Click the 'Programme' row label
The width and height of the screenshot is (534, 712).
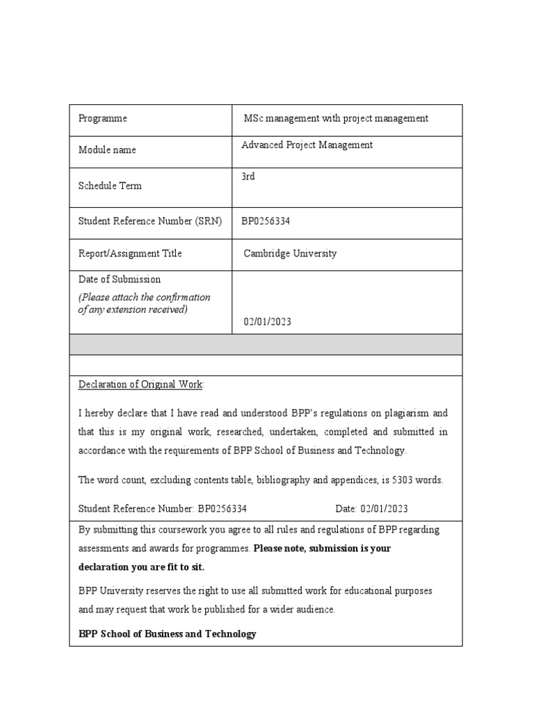(x=103, y=119)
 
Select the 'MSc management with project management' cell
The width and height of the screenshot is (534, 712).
(x=336, y=119)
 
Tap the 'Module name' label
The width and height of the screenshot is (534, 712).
(x=107, y=150)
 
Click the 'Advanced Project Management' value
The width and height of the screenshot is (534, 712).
(x=307, y=145)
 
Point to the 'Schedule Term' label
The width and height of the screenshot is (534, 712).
(x=110, y=186)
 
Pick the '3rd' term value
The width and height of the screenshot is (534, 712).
(x=248, y=177)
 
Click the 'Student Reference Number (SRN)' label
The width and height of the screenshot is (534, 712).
(x=150, y=221)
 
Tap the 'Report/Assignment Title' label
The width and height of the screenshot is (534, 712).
(x=130, y=254)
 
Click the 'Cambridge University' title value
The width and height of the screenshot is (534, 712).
(x=290, y=254)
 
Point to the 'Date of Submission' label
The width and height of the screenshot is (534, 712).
(x=120, y=280)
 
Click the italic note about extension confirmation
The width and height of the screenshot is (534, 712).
(x=144, y=303)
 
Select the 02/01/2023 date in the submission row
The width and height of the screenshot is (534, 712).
(x=268, y=322)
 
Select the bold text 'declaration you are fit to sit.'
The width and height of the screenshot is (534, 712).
(x=142, y=567)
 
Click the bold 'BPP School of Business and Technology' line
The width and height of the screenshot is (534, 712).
(x=168, y=634)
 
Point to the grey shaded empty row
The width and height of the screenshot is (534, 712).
(x=266, y=344)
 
